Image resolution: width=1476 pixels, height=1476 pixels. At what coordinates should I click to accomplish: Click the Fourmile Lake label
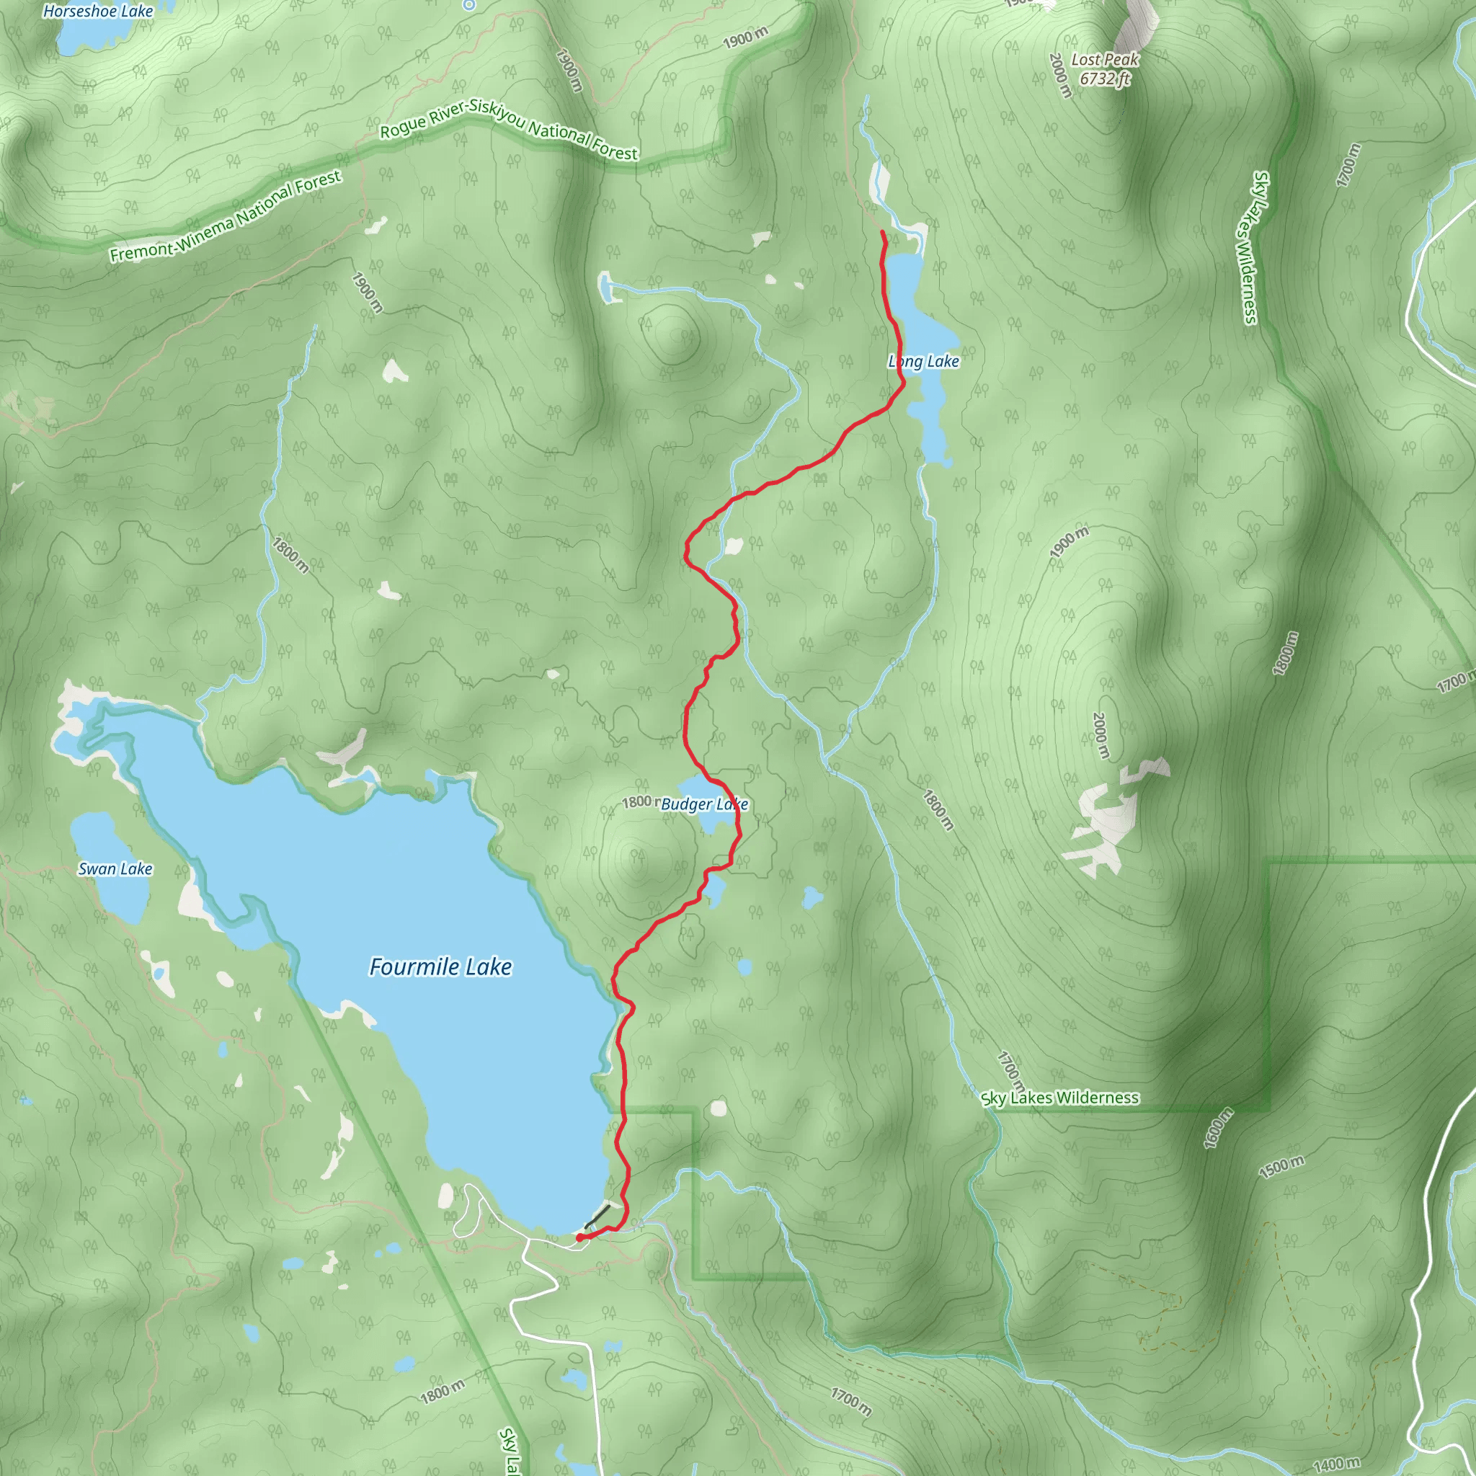click(x=440, y=966)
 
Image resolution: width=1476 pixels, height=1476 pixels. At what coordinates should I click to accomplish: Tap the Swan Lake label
click(x=115, y=868)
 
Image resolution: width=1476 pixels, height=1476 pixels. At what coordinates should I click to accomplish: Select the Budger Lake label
click(x=703, y=804)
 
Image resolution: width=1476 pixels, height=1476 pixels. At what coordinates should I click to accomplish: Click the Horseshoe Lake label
click(x=98, y=11)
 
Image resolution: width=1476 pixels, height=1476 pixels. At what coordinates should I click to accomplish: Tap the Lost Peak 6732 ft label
click(x=1104, y=68)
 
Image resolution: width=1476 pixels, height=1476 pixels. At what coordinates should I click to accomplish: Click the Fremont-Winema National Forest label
click(x=225, y=216)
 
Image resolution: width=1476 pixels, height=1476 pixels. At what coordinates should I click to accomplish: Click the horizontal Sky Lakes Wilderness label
click(x=1059, y=1098)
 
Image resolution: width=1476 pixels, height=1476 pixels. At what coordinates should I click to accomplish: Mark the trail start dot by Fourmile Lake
click(x=580, y=1237)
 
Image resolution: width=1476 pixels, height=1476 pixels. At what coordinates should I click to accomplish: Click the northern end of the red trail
click(x=882, y=231)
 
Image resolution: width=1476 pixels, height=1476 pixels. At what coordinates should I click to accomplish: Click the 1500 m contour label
click(x=1281, y=1167)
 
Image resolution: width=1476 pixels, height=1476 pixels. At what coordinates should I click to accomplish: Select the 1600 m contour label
click(x=1218, y=1128)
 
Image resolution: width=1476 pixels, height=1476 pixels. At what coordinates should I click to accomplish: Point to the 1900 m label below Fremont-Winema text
click(x=367, y=292)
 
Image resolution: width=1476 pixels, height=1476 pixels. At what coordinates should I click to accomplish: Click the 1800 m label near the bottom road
click(x=442, y=1392)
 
